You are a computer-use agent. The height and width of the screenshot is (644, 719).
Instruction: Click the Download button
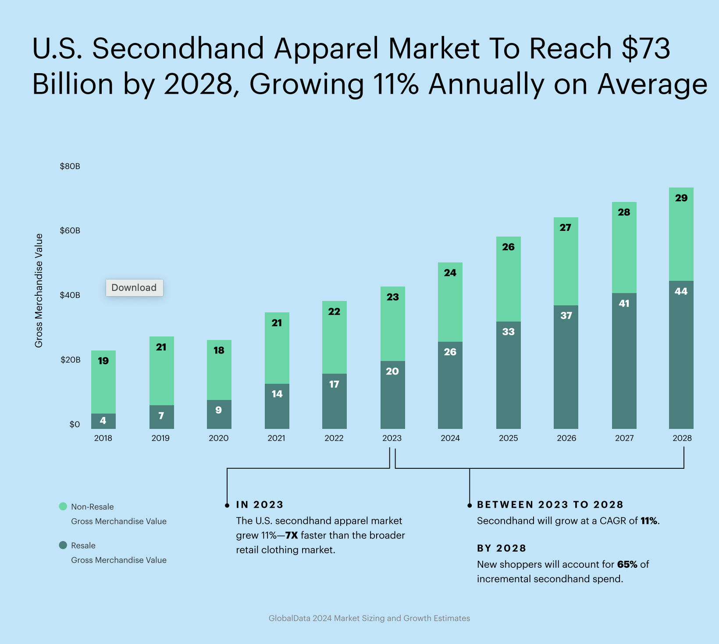[134, 288]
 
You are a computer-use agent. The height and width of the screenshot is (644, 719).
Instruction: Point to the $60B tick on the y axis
[70, 230]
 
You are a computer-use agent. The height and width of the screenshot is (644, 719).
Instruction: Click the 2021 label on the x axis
[276, 438]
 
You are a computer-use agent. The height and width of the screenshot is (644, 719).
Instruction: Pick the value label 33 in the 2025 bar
[508, 332]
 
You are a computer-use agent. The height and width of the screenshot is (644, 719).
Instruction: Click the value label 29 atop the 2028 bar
[681, 198]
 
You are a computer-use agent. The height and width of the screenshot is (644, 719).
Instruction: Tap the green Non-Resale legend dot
[63, 506]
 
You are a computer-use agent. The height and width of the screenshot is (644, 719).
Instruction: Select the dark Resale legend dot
[63, 545]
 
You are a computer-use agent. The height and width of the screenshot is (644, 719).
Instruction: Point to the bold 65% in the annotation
[627, 564]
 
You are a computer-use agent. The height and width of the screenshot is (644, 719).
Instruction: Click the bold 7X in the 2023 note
[291, 535]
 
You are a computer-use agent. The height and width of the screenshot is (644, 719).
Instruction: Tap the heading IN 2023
[260, 505]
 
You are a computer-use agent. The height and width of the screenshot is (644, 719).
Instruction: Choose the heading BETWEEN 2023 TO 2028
[550, 505]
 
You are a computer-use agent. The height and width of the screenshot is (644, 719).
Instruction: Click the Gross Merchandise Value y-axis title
[39, 290]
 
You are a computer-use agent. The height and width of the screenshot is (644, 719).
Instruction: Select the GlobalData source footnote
[369, 618]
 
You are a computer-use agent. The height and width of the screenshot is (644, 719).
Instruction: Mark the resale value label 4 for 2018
[103, 421]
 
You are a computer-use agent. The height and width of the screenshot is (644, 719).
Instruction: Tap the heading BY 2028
[501, 548]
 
